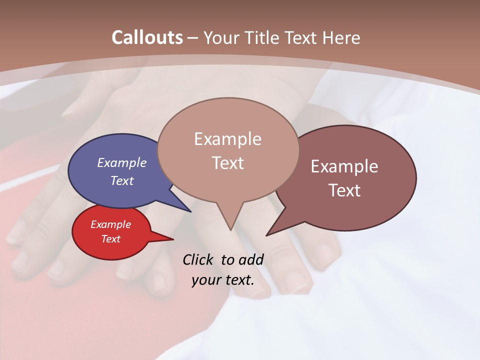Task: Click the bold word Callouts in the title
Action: coord(147,37)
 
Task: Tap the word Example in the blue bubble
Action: coord(121,163)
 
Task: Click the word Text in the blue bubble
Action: coord(121,180)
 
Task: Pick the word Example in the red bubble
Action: coord(110,224)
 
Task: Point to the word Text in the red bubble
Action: coord(110,239)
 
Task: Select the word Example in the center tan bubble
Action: coord(227,139)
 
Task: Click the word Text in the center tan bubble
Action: coord(227,163)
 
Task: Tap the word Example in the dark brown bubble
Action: coord(344,166)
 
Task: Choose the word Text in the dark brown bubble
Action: coord(344,190)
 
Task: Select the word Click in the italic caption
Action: coord(198,259)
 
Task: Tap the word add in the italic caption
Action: coord(251,259)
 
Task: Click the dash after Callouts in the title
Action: coord(193,37)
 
